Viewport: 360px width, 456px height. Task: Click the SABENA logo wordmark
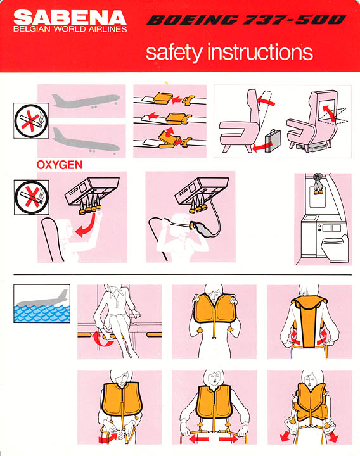coord(70,18)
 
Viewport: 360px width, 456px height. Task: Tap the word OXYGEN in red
coord(60,165)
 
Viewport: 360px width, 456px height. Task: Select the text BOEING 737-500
coord(247,20)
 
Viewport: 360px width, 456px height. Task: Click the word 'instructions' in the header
coord(260,53)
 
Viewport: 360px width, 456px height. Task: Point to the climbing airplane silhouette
coord(86,101)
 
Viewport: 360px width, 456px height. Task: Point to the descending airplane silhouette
coord(86,142)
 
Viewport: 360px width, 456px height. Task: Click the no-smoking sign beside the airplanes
coord(31,120)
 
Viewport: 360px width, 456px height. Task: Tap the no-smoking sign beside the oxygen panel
coord(32,197)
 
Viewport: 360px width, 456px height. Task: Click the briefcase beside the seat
coord(273,141)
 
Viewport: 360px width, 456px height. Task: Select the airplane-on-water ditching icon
coord(42,303)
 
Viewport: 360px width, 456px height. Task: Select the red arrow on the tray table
coord(329,113)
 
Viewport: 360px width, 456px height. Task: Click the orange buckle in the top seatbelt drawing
coord(163,98)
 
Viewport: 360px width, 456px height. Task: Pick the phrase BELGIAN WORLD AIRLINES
coord(70,29)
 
